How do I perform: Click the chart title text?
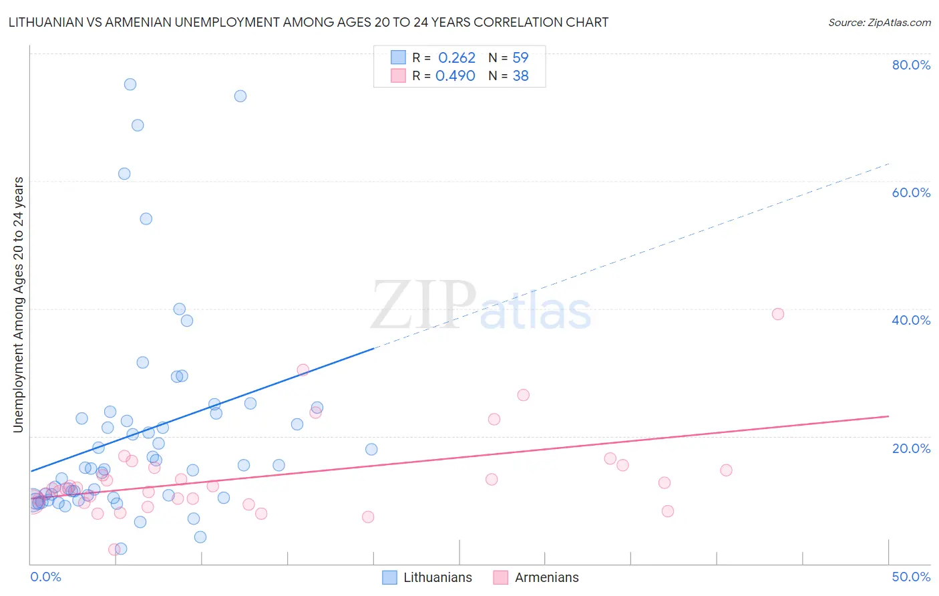[x=308, y=22]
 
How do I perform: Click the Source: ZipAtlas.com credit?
[x=879, y=22]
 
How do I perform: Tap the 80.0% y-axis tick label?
[x=911, y=65]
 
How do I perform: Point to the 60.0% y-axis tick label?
[x=911, y=192]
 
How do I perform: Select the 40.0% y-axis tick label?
[x=911, y=320]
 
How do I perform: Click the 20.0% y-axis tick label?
[x=911, y=448]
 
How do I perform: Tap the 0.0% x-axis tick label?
[x=45, y=577]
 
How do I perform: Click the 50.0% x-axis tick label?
[x=911, y=577]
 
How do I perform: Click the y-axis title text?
[x=18, y=305]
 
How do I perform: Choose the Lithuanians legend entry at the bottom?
[x=427, y=577]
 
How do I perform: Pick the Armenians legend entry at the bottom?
[x=536, y=577]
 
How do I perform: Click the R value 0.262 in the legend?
[x=457, y=58]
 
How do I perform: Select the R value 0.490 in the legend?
[x=455, y=76]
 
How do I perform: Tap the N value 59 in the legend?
[x=520, y=58]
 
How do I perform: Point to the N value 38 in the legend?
[x=520, y=76]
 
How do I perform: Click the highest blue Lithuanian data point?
[x=130, y=84]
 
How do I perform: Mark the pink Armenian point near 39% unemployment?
[x=777, y=314]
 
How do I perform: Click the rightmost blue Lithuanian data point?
[x=371, y=449]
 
